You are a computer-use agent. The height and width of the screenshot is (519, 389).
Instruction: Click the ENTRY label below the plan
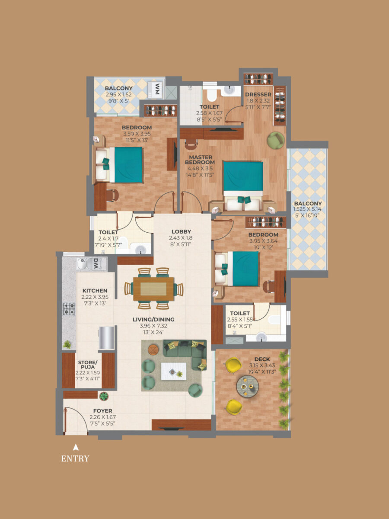75,458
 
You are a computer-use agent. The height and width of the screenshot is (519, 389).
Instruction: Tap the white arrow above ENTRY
76,447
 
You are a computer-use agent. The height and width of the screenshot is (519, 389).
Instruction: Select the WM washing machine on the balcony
157,90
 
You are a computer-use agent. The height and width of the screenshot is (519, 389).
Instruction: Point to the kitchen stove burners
69,308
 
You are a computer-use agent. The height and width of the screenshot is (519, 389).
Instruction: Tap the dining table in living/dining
153,288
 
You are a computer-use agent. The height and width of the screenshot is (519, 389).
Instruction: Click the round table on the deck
248,385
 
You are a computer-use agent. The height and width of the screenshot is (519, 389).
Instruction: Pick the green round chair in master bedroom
276,140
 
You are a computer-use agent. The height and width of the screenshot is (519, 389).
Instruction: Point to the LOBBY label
181,231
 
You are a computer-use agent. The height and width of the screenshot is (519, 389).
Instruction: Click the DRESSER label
258,94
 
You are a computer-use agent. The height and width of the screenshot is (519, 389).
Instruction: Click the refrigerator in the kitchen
107,338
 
